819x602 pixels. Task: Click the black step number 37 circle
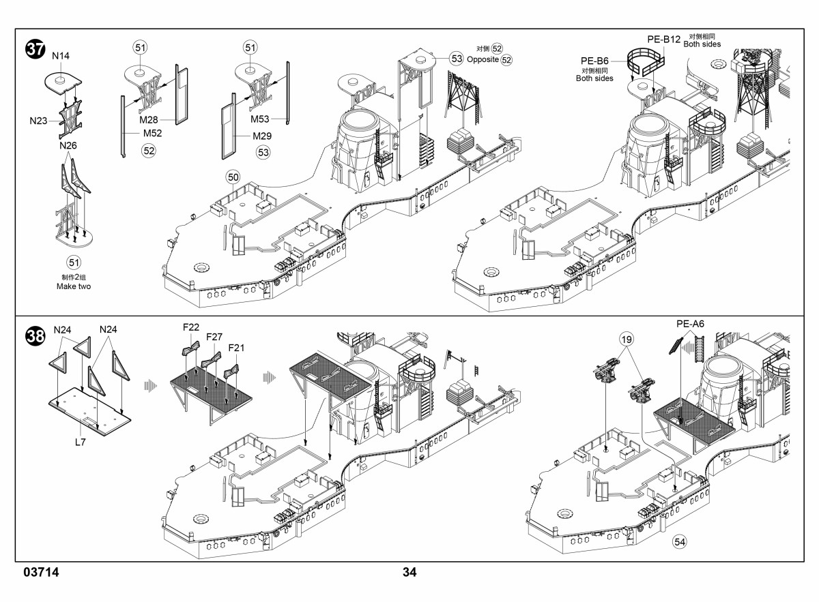(x=35, y=49)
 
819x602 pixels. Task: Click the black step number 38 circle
(x=35, y=336)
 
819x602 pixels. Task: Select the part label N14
(x=61, y=56)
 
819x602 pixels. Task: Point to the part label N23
(x=38, y=121)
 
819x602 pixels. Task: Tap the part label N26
(x=68, y=145)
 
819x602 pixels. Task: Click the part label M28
(x=149, y=120)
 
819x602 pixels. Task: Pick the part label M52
(x=152, y=133)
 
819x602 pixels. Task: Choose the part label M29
(x=262, y=136)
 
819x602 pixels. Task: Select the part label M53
(x=260, y=119)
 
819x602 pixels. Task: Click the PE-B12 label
(x=664, y=40)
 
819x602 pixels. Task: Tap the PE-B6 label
(x=595, y=61)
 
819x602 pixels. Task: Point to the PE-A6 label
(x=690, y=324)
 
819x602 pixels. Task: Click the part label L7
(x=80, y=442)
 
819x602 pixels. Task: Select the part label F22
(x=191, y=327)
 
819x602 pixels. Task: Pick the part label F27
(x=214, y=337)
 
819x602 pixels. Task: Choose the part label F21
(x=236, y=348)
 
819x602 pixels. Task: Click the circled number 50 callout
(x=233, y=177)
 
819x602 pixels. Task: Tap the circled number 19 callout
(x=627, y=340)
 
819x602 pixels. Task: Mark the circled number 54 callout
(x=679, y=542)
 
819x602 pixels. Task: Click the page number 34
(x=409, y=572)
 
